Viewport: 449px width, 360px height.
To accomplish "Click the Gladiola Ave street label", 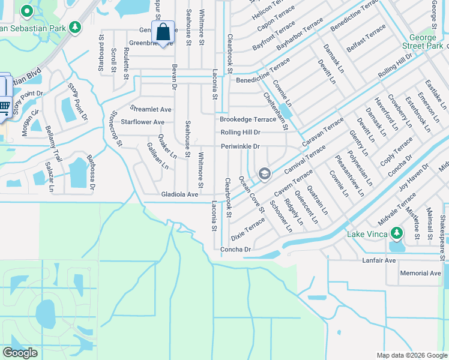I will tap(179, 194).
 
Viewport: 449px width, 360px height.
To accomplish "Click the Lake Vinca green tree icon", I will tap(396, 233).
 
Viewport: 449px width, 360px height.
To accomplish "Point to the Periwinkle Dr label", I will tap(240, 146).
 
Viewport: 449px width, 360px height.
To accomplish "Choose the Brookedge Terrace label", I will tap(249, 119).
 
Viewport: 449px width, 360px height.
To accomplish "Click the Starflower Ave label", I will tap(142, 122).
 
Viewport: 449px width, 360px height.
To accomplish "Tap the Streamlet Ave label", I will tap(151, 109).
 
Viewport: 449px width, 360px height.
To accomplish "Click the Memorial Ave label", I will tap(420, 273).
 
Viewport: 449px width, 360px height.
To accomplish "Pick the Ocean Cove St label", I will tap(252, 193).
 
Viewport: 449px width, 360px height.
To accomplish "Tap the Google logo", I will tap(20, 353).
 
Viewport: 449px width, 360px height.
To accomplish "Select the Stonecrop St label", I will tap(116, 128).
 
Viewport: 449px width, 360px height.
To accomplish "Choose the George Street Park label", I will tap(423, 41).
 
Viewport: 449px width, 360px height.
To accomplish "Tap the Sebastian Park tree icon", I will tap(75, 27).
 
